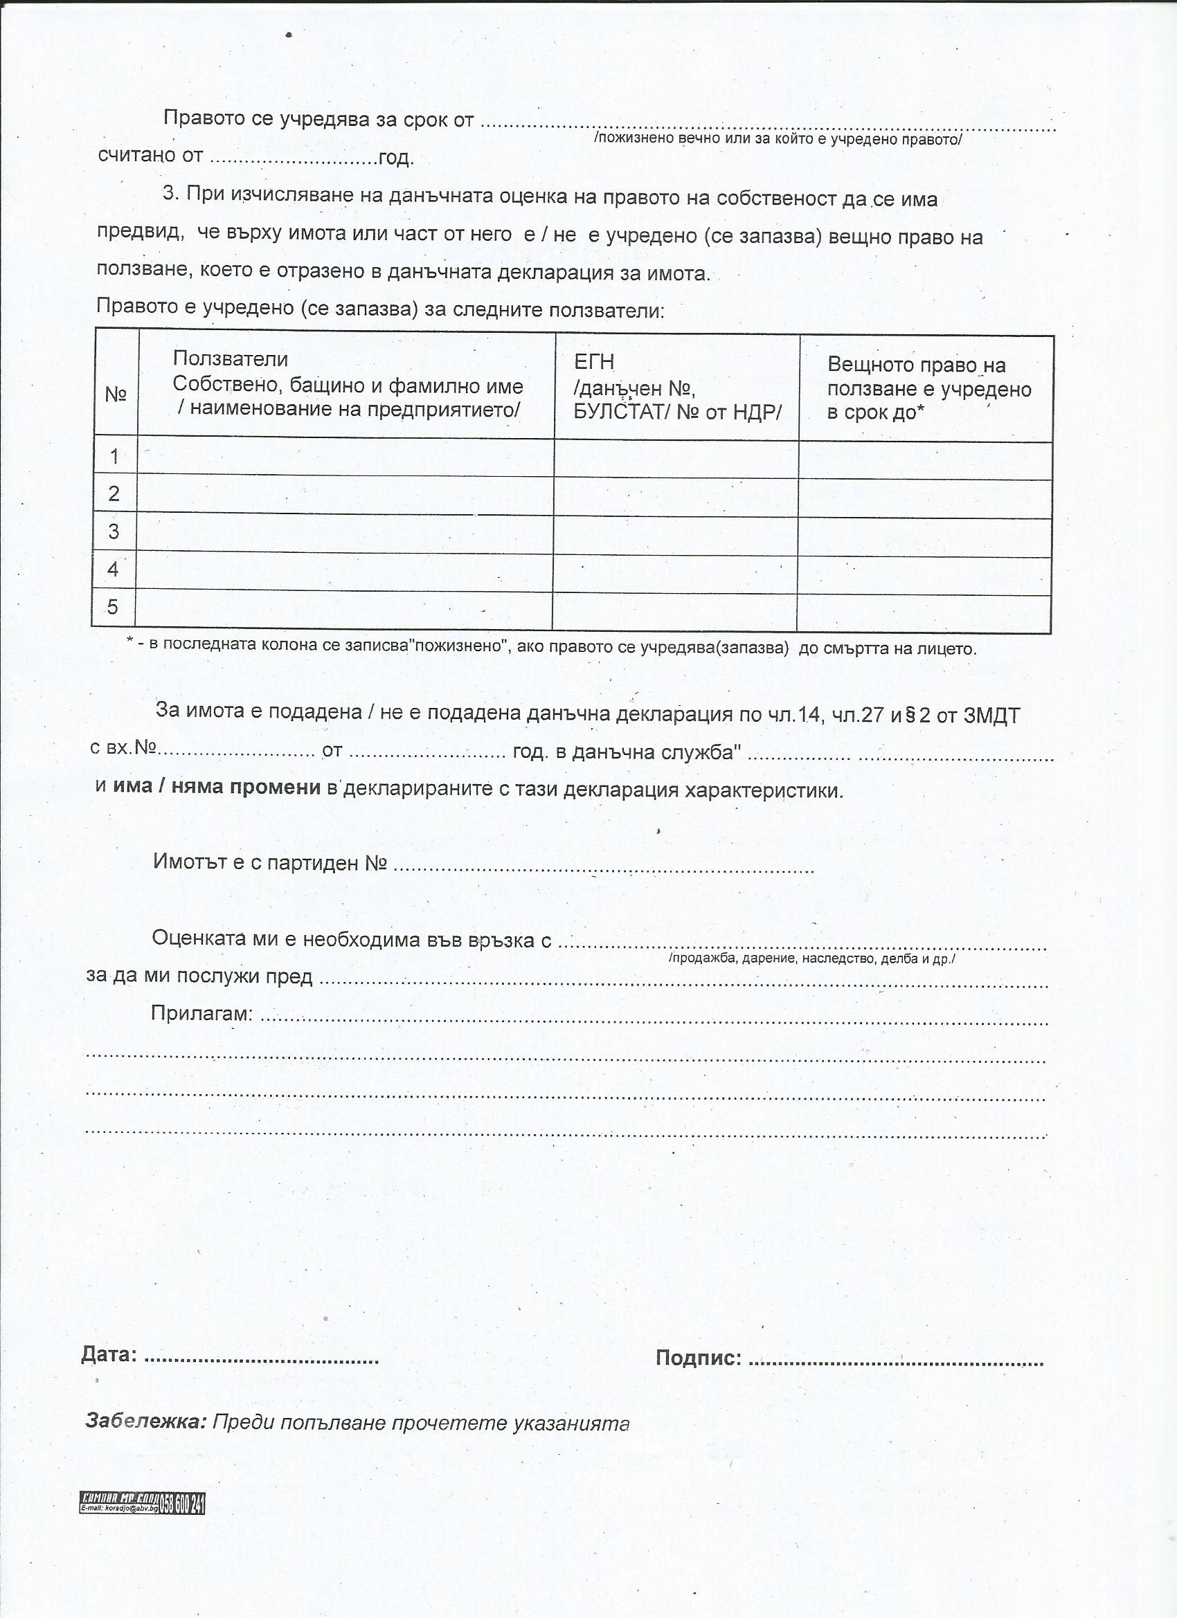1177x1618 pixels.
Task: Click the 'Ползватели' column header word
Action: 230,359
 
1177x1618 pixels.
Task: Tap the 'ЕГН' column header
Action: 594,363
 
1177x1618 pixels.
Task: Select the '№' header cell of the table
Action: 116,394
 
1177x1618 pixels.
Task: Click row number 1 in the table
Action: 114,457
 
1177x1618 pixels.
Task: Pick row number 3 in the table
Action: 114,531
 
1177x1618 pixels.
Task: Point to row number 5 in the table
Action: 113,607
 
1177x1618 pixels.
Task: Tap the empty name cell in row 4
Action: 345,571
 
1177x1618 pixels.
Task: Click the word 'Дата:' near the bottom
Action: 109,1354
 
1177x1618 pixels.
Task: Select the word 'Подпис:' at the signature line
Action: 699,1358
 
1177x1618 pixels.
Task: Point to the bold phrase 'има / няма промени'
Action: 216,787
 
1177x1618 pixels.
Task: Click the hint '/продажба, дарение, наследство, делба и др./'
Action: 811,958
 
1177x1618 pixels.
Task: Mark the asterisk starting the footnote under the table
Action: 130,641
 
